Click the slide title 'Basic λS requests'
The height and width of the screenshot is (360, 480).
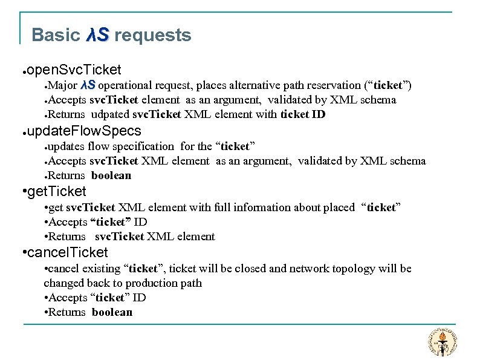[x=111, y=36]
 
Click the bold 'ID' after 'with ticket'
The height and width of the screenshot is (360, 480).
[x=319, y=114]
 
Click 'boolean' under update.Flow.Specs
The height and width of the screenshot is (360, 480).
[x=111, y=175]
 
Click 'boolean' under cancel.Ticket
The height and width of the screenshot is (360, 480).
[x=112, y=312]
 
